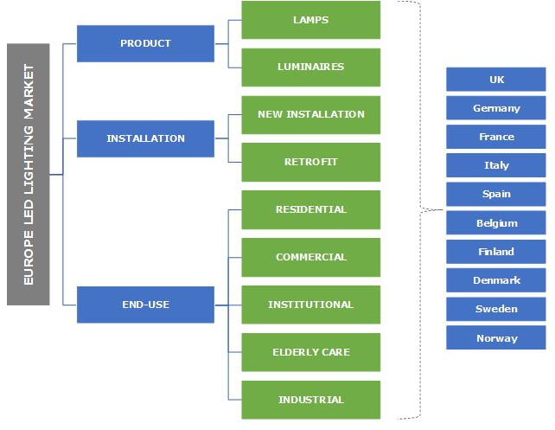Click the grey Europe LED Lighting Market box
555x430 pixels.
point(29,174)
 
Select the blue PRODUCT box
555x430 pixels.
point(145,43)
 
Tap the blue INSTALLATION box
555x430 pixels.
point(145,138)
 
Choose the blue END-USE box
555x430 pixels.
point(145,305)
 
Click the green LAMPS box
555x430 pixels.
point(310,20)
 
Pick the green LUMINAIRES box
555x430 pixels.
point(310,67)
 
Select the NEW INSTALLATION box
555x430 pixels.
point(310,114)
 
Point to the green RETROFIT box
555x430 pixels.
point(310,162)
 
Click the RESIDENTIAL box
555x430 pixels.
point(310,209)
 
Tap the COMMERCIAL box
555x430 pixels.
point(310,257)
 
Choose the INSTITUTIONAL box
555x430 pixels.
point(310,305)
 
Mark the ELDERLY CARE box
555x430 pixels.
point(310,352)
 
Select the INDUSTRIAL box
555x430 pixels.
point(310,400)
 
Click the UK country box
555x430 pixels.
point(496,80)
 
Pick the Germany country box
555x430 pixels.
point(496,108)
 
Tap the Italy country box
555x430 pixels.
point(496,165)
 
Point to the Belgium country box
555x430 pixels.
point(496,223)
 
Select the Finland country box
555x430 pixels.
point(496,252)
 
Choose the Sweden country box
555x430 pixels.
point(496,309)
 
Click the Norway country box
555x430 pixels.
point(496,338)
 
